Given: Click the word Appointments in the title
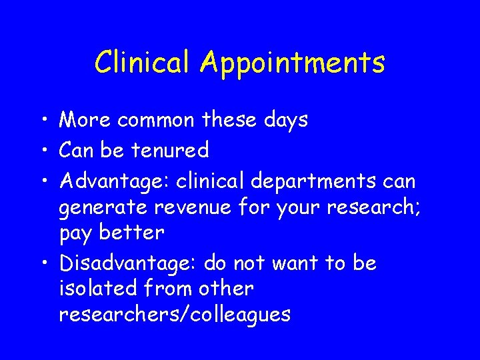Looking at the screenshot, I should point(293,63).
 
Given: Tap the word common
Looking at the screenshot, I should point(155,120).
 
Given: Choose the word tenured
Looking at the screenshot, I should point(169,150).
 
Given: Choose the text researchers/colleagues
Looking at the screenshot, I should point(175,314).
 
